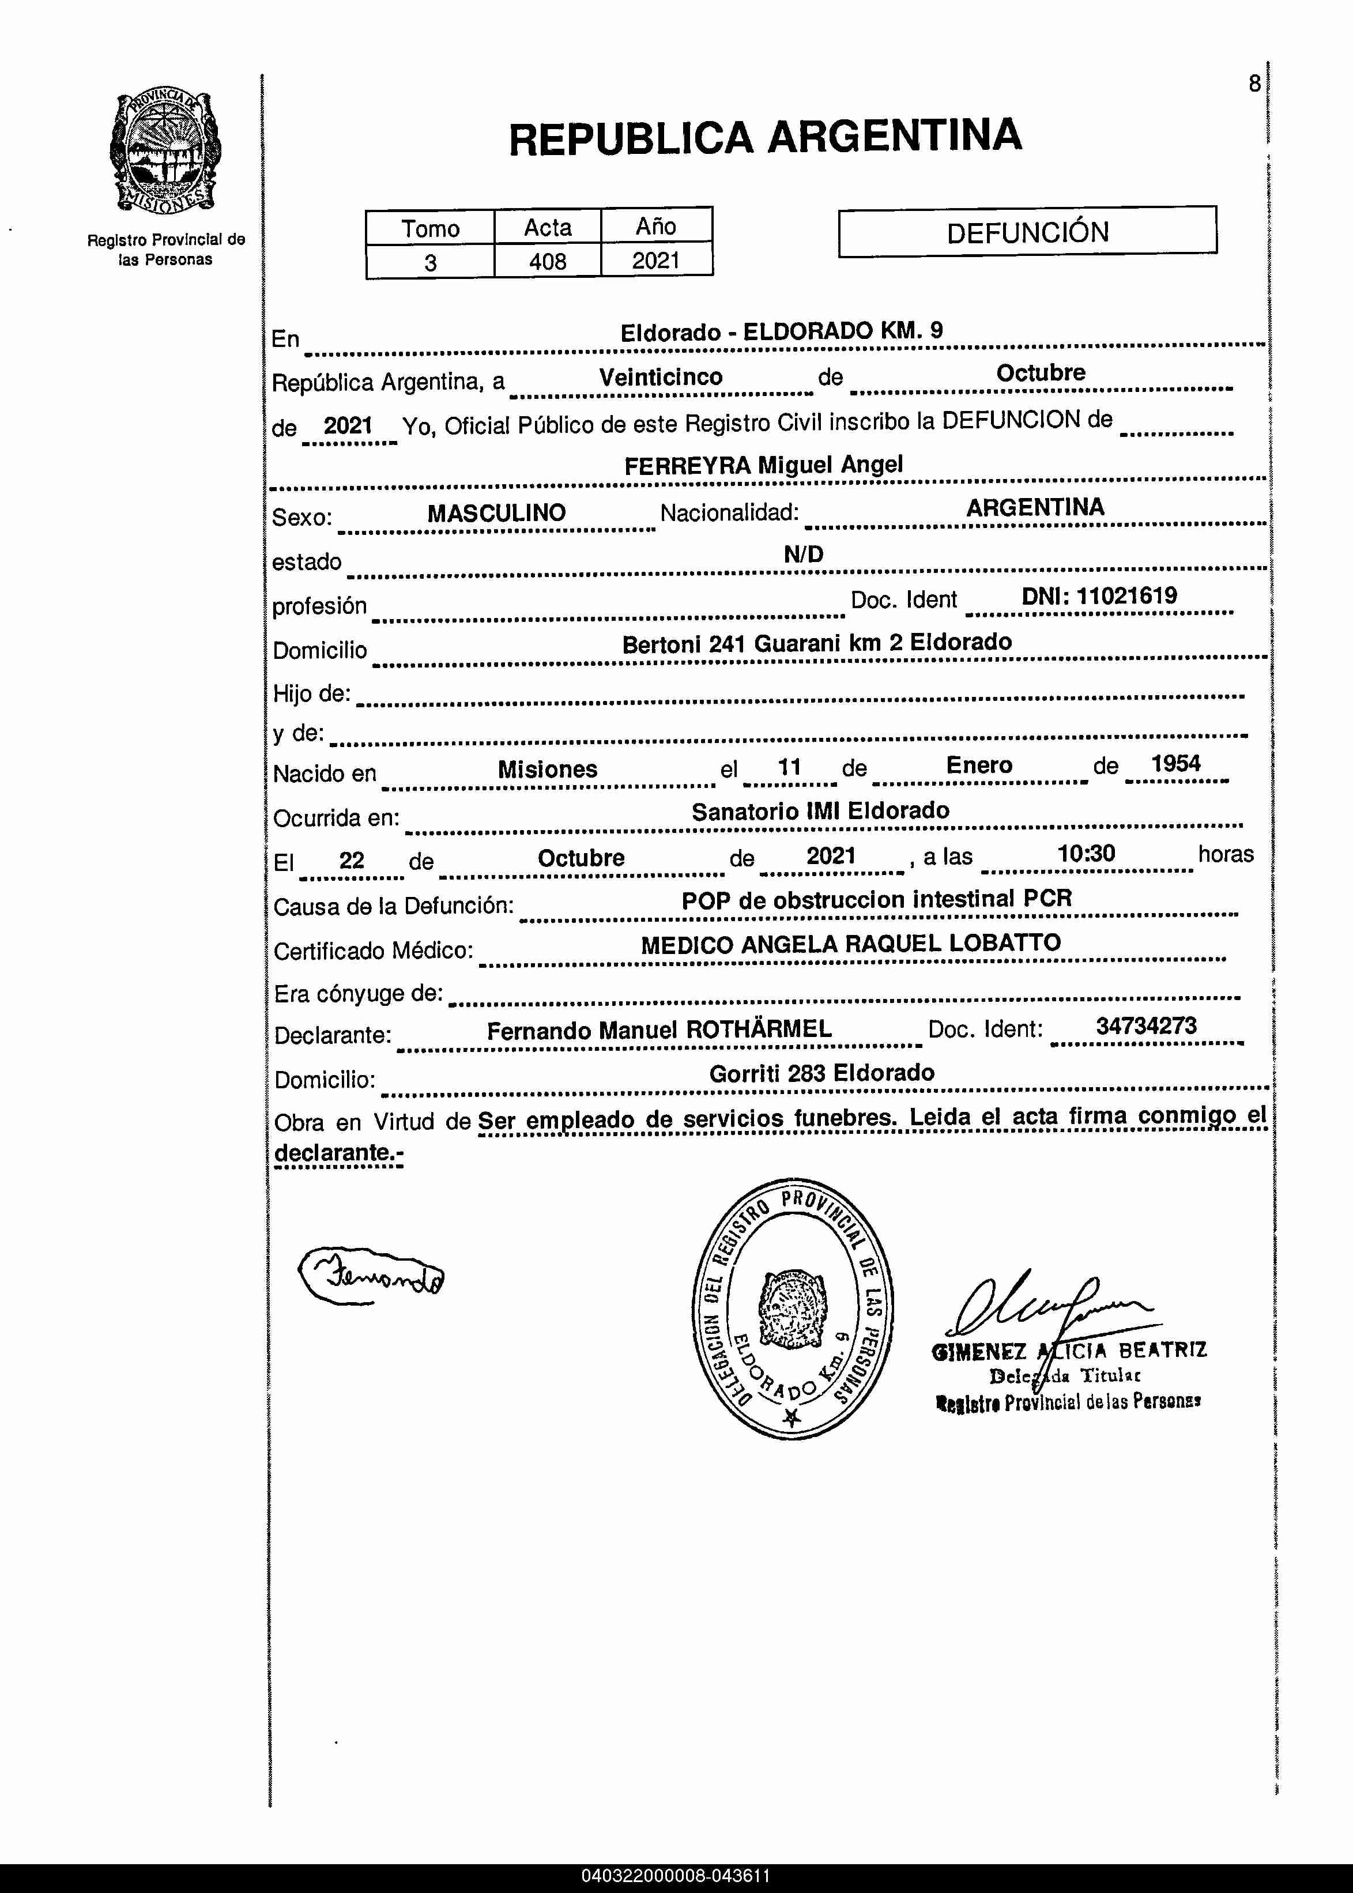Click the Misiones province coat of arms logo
pos(165,151)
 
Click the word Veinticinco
pos(661,377)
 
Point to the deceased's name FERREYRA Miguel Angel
pos(763,465)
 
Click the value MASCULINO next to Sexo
pos(496,513)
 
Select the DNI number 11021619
pos(1126,595)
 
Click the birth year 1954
pos(1175,764)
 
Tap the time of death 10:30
pos(1086,854)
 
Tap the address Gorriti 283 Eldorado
pos(821,1073)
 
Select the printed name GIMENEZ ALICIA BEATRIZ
pos(1069,1351)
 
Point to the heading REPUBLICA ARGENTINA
pos(765,137)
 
